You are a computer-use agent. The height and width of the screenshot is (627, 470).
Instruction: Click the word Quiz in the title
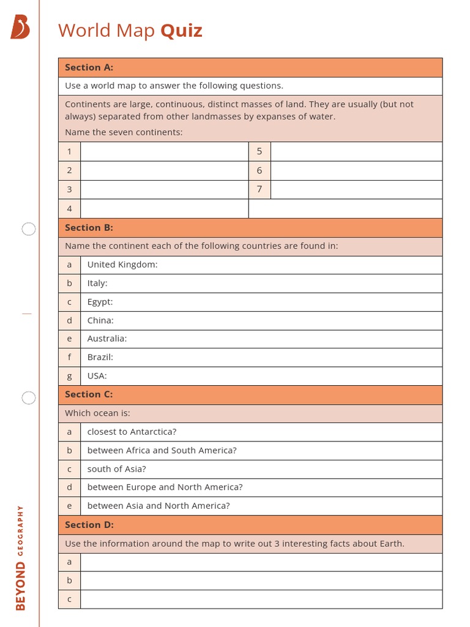181,31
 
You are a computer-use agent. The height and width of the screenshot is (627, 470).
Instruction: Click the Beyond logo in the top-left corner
20,28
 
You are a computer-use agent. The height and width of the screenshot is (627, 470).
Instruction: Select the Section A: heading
89,67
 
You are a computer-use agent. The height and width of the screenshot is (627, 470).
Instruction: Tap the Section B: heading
89,227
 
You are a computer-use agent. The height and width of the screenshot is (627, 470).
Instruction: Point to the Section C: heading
89,394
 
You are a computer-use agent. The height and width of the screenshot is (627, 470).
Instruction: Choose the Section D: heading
89,525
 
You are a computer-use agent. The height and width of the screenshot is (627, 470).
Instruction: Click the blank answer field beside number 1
164,151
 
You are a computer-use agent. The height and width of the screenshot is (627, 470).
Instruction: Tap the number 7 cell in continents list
259,189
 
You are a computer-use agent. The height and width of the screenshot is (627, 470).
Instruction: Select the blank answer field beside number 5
356,151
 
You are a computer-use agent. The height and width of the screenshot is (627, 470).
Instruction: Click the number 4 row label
69,209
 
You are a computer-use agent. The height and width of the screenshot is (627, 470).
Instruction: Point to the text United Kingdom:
122,265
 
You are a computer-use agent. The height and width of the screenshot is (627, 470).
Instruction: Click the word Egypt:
100,302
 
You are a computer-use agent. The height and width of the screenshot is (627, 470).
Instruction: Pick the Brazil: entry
100,357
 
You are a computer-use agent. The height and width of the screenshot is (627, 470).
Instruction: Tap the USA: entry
97,376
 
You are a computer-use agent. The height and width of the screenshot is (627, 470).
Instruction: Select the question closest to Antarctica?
132,432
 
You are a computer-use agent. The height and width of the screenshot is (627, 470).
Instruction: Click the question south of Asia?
116,469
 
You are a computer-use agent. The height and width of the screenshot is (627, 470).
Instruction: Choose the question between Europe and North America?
165,487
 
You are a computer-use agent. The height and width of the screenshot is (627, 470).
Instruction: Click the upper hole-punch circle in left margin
29,229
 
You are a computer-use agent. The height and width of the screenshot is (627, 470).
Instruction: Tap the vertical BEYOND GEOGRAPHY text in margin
20,557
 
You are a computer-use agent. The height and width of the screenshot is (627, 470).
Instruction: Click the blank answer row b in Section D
261,580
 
